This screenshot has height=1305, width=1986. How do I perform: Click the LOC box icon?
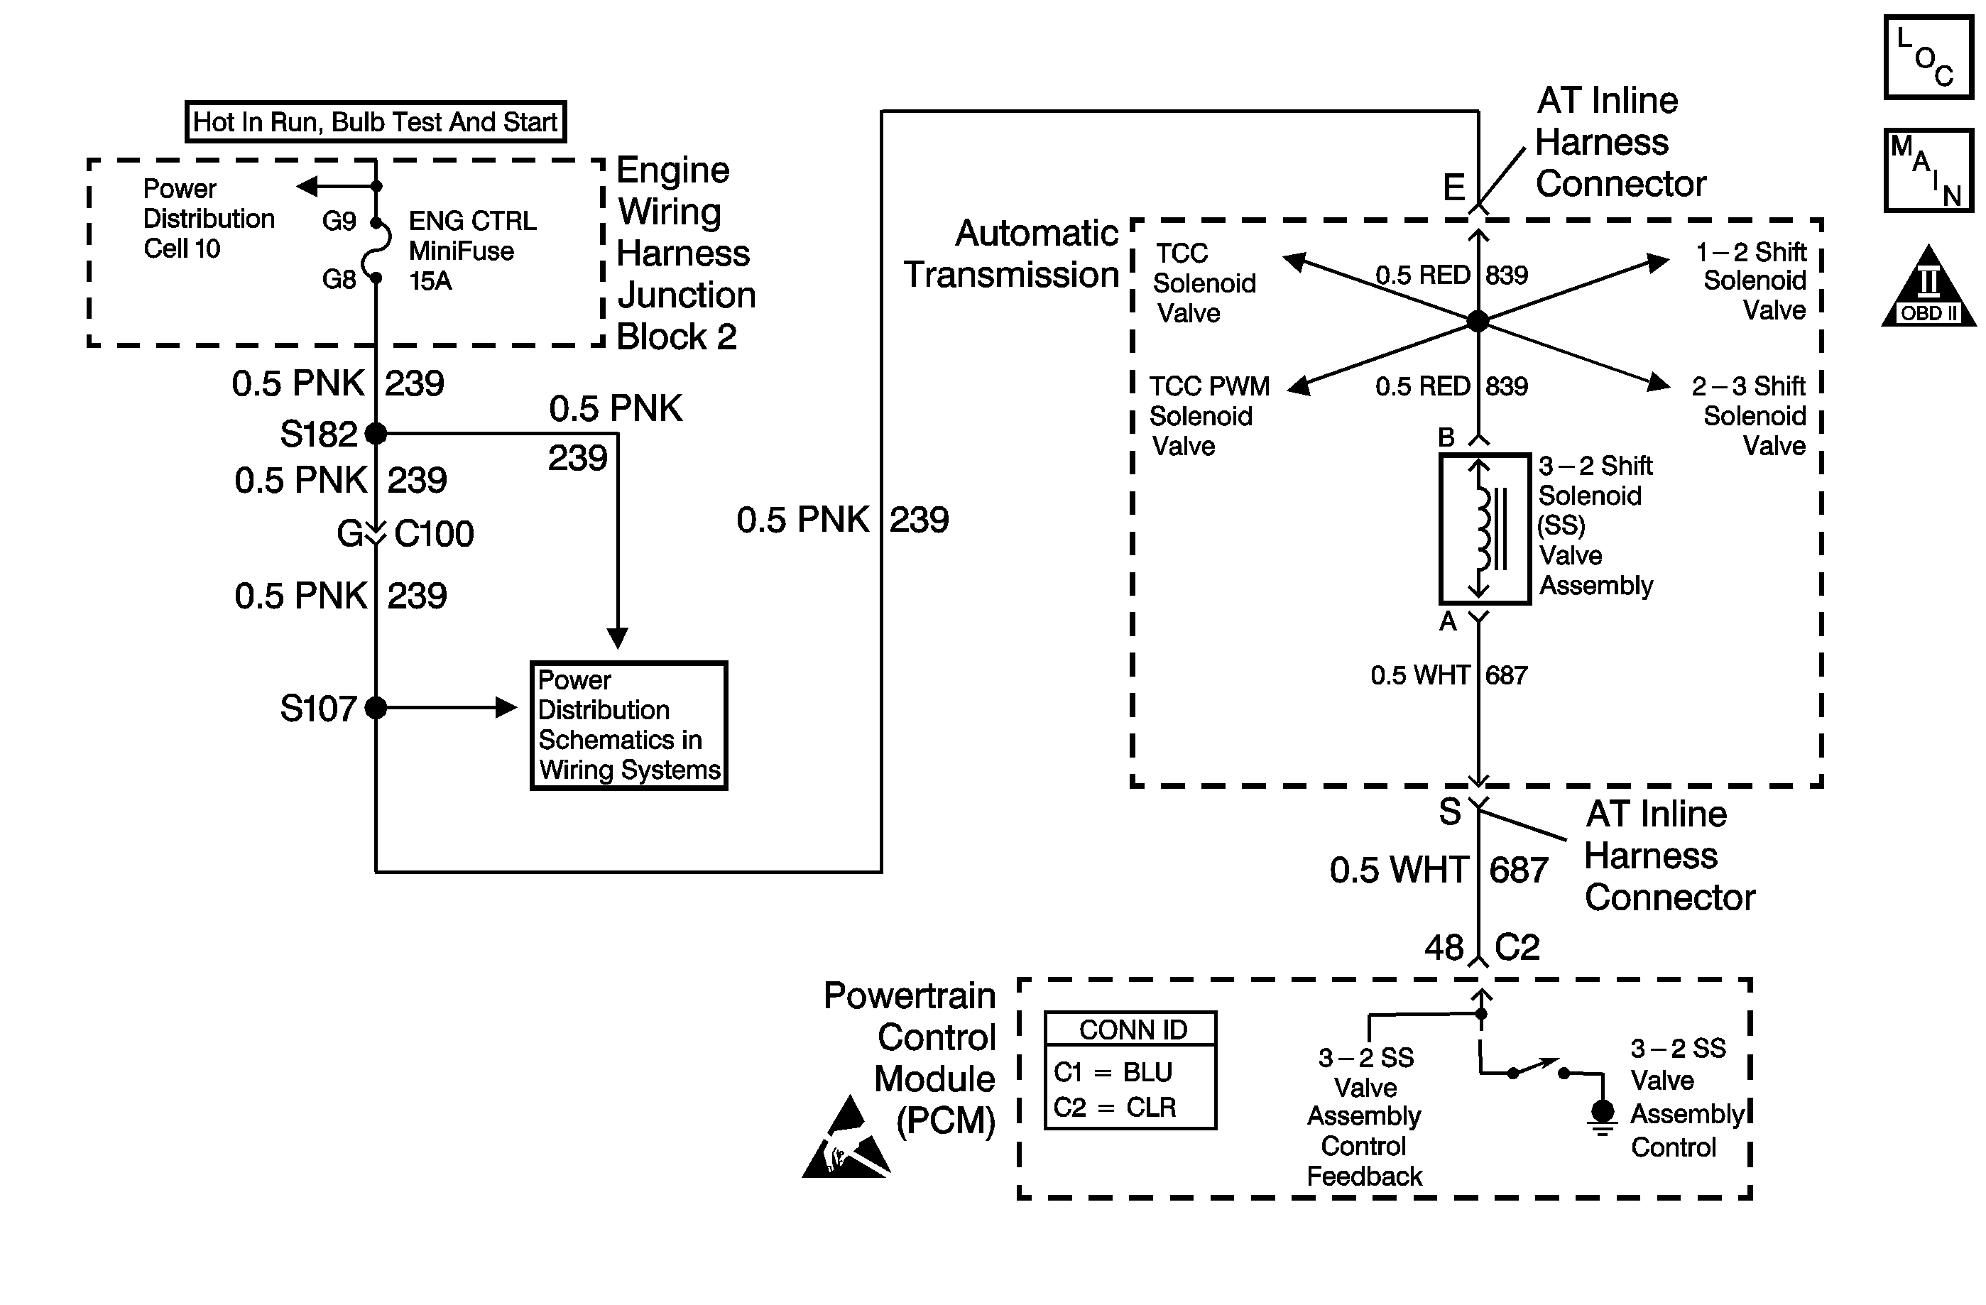click(1928, 58)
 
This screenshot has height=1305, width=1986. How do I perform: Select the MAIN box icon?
click(1928, 170)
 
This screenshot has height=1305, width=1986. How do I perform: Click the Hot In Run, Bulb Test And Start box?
click(376, 122)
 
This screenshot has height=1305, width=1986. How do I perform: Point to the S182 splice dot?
click(376, 433)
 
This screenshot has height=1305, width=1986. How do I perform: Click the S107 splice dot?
click(376, 708)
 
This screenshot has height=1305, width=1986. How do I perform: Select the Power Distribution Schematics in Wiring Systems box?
click(629, 725)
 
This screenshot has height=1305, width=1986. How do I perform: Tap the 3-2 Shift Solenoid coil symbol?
click(1485, 528)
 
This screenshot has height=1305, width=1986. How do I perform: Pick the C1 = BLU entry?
click(1113, 1072)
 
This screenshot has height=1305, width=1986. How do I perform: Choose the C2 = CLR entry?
click(1114, 1107)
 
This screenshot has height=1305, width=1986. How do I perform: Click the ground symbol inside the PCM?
click(1602, 1118)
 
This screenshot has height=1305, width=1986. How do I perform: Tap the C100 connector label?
click(434, 534)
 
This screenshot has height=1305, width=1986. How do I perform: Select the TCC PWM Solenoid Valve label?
click(1208, 415)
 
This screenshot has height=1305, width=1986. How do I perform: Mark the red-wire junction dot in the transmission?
click(1478, 320)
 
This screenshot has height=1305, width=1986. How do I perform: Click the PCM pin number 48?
click(1444, 948)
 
